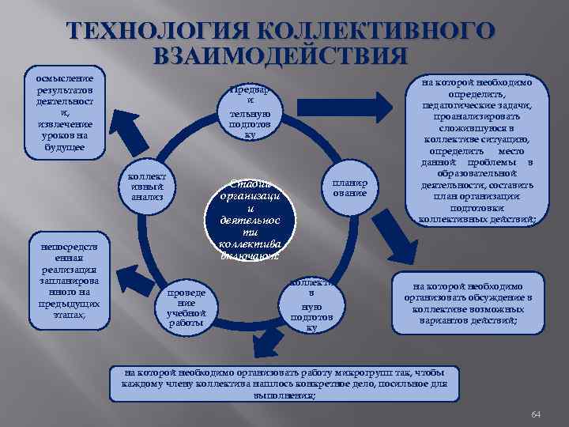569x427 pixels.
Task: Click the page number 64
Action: tap(535, 414)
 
